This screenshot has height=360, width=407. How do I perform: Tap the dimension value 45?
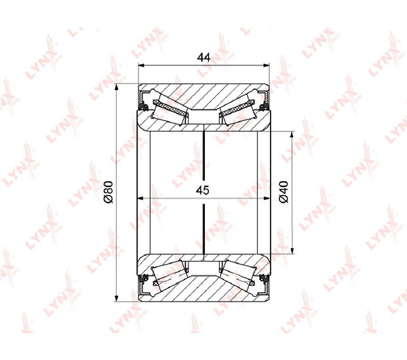203,191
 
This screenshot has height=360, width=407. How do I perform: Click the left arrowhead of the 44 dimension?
141,66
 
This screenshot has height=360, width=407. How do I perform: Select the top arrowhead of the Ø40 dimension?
292,134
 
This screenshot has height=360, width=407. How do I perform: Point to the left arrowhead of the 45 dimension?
139,199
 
